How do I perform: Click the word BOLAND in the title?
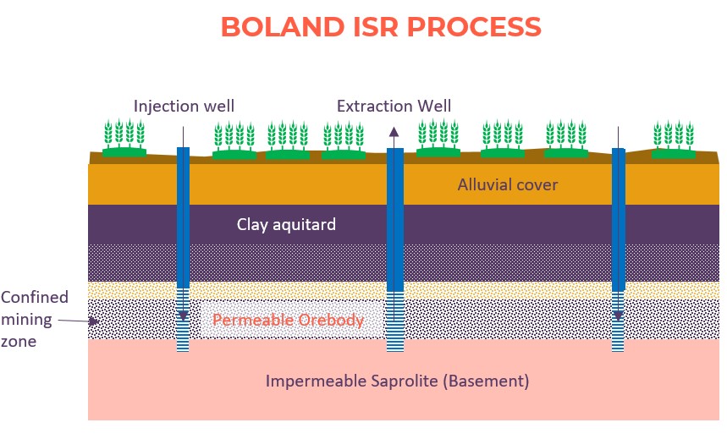(x=283, y=27)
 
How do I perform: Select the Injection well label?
(x=184, y=107)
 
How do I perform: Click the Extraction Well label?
(x=394, y=107)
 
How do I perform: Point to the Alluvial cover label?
(x=508, y=184)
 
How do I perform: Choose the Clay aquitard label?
(x=286, y=225)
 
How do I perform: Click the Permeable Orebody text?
(x=288, y=320)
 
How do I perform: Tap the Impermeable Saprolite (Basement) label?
(x=397, y=381)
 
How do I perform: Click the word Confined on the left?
(x=35, y=297)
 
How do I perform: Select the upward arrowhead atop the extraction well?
(x=394, y=132)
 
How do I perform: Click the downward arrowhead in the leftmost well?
(x=183, y=316)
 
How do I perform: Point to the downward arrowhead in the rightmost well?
(x=618, y=316)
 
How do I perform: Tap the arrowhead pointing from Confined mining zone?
(x=95, y=321)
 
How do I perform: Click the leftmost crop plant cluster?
(x=124, y=138)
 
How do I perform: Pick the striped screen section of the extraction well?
(x=395, y=321)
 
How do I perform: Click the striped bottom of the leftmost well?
(x=183, y=320)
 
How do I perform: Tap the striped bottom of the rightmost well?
(x=618, y=321)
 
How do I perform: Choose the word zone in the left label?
(x=19, y=342)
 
